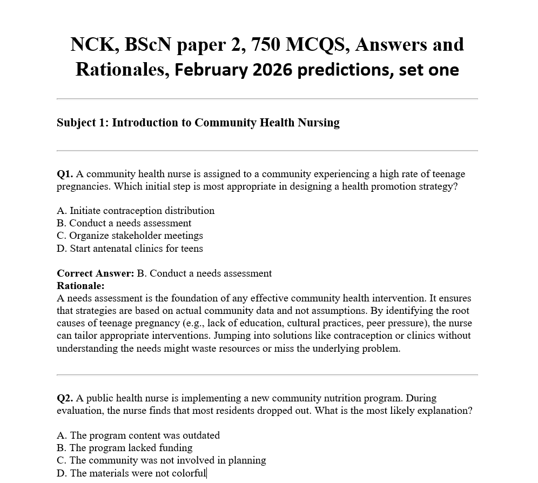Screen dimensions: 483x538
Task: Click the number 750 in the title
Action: [266, 44]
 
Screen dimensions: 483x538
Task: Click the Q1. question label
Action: [65, 174]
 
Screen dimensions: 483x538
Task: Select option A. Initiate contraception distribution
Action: [136, 211]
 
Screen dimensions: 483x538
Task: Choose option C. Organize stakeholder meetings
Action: [130, 236]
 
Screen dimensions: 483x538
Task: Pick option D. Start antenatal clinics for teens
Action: [130, 249]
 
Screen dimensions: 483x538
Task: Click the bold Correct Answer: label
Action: [95, 273]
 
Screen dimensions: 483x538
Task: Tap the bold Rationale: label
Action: [80, 286]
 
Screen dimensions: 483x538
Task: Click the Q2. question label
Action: [65, 398]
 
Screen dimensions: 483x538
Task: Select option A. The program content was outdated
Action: [138, 435]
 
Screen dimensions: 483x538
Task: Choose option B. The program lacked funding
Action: [124, 448]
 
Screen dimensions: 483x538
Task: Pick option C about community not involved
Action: [161, 460]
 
